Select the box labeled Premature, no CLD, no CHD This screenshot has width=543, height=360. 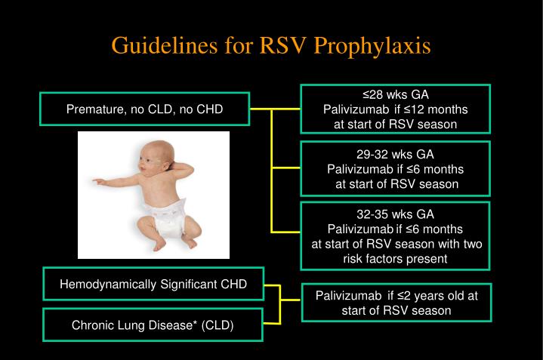[x=144, y=109]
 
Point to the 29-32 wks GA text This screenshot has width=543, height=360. [x=395, y=154]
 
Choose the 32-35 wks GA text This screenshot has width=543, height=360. [x=395, y=214]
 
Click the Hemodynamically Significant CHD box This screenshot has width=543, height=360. [x=153, y=284]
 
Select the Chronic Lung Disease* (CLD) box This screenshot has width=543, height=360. [x=153, y=325]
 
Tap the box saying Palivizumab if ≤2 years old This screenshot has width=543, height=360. [x=396, y=303]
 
